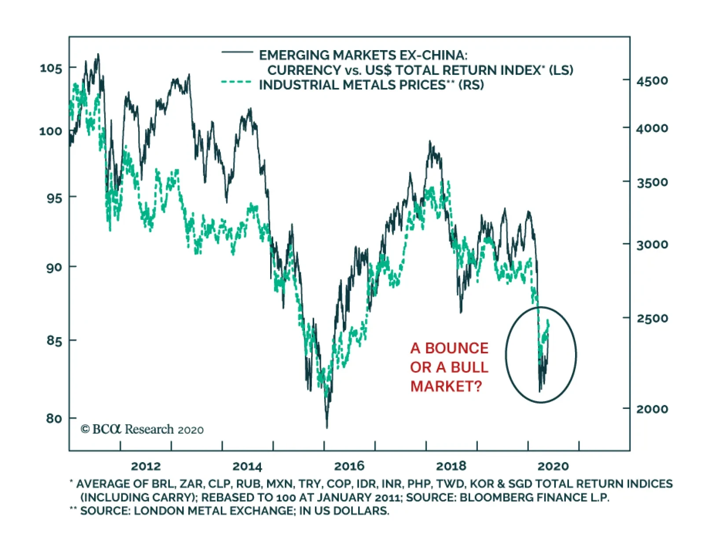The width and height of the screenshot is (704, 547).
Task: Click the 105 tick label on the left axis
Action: pos(51,68)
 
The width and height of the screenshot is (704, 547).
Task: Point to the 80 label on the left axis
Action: pos(54,418)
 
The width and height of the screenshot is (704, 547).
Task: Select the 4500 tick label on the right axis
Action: pos(652,81)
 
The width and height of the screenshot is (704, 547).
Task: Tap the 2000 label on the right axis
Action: pos(652,409)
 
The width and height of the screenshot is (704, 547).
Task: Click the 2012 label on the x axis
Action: pos(146,466)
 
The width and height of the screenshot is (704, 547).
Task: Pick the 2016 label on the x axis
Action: pos(349,466)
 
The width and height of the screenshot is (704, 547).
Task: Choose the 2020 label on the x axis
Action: pos(553,466)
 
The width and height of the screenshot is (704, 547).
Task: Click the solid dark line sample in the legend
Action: pos(237,52)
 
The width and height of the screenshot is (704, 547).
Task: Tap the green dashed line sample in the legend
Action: pos(236,82)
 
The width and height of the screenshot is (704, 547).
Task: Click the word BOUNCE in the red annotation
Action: pos(457,348)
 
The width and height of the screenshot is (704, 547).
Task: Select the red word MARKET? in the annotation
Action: pos(446,386)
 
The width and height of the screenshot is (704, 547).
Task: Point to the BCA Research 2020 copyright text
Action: pos(142,429)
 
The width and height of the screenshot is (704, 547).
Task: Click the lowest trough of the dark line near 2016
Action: pos(326,427)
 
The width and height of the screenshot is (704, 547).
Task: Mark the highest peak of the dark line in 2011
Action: pos(98,55)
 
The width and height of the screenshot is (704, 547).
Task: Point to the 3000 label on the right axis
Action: pos(652,244)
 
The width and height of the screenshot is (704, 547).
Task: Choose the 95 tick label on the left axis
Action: pos(54,198)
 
